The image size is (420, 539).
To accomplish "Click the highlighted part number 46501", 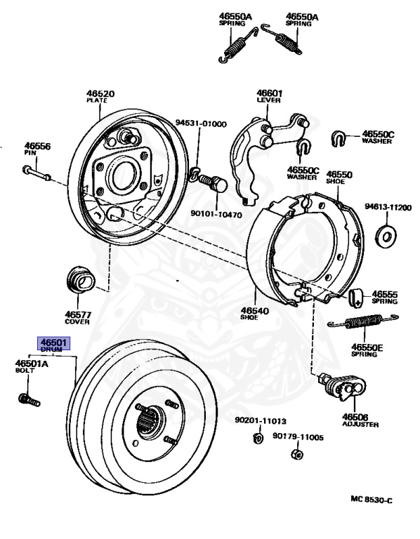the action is pos(53,342).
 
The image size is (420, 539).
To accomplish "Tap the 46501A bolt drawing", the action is pos(29,400).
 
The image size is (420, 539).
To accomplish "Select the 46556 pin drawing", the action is pos(37,173).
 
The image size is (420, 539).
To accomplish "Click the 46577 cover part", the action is pos(81,279).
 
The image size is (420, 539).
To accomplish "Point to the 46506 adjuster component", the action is pos(343,387).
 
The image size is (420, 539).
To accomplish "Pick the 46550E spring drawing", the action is pos(363,321).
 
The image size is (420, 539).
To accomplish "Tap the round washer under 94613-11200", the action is pos(386,236).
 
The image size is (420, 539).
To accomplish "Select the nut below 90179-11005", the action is pos(297,454).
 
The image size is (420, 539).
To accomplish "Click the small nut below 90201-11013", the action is pos(258,438).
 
